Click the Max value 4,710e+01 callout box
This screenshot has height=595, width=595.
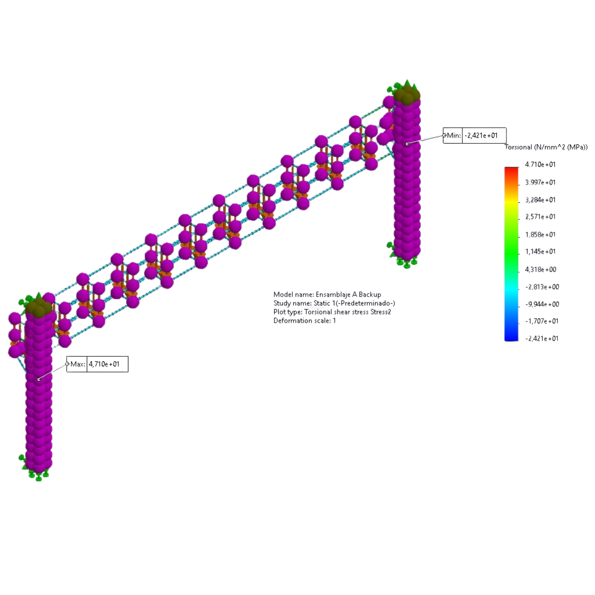[x=97, y=364]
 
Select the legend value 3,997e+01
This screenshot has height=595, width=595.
[x=540, y=182]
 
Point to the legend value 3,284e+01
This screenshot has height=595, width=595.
[x=540, y=200]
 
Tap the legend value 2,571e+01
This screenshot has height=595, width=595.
[x=540, y=217]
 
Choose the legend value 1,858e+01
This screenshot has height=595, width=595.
[x=540, y=235]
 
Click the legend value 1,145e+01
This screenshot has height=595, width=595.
[x=540, y=252]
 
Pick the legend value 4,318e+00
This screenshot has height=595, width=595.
[x=541, y=270]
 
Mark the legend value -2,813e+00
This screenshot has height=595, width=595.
[x=542, y=287]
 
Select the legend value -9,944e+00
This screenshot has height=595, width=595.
[x=542, y=304]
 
